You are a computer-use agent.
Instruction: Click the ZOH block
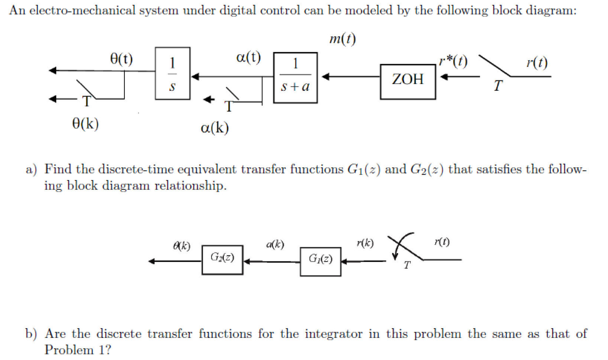point(407,82)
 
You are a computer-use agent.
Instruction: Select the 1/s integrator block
point(172,73)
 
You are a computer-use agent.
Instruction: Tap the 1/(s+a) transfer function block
point(295,78)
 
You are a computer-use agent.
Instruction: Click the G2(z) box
point(222,260)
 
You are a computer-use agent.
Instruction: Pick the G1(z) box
point(320,261)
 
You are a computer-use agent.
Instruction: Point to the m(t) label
point(342,39)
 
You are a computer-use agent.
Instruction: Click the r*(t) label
point(453,61)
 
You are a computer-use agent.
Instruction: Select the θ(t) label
point(121,59)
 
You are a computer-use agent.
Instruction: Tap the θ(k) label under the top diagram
point(85,124)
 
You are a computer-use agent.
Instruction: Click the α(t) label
point(248,57)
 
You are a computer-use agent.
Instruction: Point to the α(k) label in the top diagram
point(215,128)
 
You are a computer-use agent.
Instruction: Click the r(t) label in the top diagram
point(537,62)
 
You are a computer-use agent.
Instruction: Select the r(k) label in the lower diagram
point(365,243)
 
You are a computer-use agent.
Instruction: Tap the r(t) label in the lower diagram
point(442,241)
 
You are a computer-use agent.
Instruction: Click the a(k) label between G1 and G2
point(275,244)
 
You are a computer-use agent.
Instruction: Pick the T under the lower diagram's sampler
point(407,265)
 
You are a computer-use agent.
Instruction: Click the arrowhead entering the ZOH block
point(444,77)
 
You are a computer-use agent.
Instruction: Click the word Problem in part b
point(68,350)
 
